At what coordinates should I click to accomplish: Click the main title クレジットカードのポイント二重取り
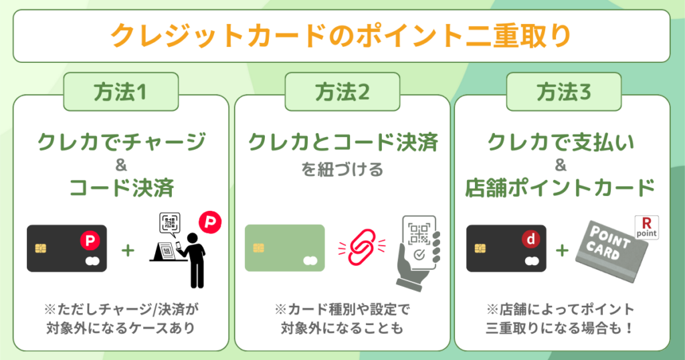(341, 35)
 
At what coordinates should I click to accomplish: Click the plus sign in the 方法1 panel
(127, 250)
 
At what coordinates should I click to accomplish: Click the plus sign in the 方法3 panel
(563, 250)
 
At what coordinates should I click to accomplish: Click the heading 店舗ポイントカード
(561, 188)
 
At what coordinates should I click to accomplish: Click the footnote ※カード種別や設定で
(342, 310)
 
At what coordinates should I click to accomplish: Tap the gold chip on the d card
(480, 248)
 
